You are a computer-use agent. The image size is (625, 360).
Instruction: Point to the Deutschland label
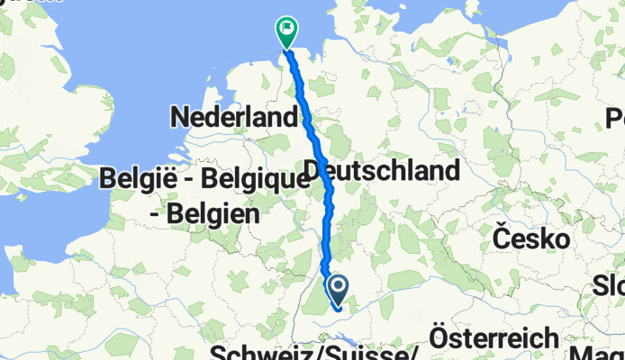pos(382,170)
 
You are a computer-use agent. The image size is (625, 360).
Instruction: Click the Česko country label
pos(532,239)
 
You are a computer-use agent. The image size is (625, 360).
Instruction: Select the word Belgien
pos(217,215)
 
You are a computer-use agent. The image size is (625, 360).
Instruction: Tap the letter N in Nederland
pos(180,117)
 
